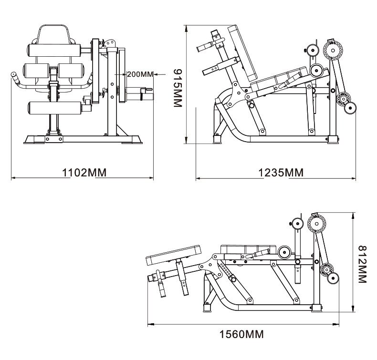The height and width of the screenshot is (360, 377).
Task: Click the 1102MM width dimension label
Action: click(x=84, y=173)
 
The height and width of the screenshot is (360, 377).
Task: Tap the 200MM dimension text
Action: click(x=140, y=74)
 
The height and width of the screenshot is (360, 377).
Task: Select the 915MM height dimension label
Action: click(x=178, y=88)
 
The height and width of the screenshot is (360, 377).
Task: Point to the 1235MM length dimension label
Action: click(x=281, y=173)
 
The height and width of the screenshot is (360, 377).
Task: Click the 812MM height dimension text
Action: click(x=362, y=264)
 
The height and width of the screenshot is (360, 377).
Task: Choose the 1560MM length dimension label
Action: click(x=241, y=334)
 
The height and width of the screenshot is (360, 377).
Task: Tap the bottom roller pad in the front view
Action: click(x=55, y=108)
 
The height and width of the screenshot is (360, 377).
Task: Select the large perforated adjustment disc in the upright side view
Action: click(x=333, y=51)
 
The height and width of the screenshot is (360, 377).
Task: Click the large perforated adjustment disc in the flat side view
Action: click(x=317, y=224)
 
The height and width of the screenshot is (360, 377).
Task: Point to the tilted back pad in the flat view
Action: click(x=174, y=255)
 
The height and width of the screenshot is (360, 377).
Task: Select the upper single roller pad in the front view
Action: click(x=54, y=50)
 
